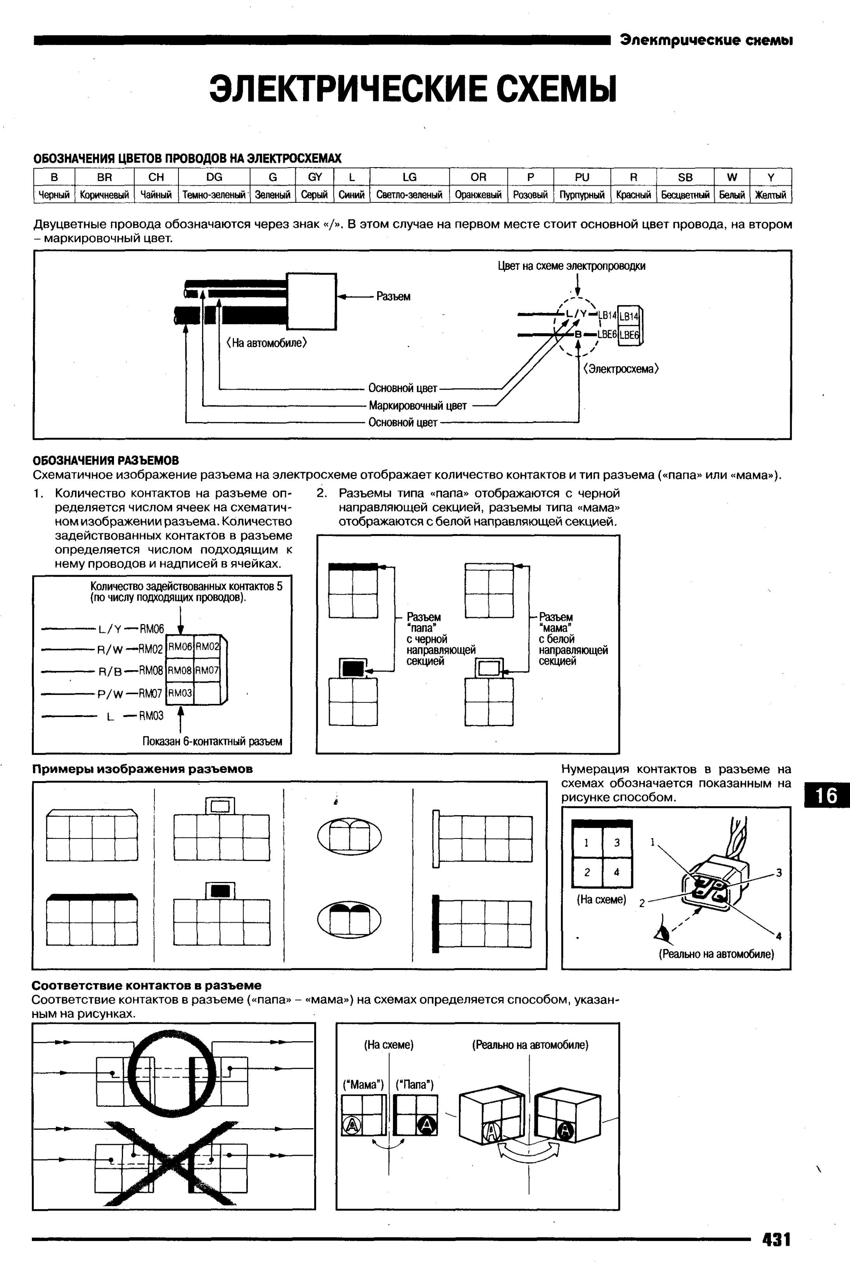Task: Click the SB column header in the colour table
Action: point(685,177)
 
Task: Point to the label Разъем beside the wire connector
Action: point(393,296)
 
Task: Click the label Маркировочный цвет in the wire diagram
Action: point(417,405)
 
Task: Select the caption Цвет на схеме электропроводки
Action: point(571,266)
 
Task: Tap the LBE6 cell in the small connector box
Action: point(629,335)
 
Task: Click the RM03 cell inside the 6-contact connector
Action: point(180,693)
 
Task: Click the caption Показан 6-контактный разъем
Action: point(212,741)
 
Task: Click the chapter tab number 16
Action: point(827,795)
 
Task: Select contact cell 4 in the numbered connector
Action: point(616,872)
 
